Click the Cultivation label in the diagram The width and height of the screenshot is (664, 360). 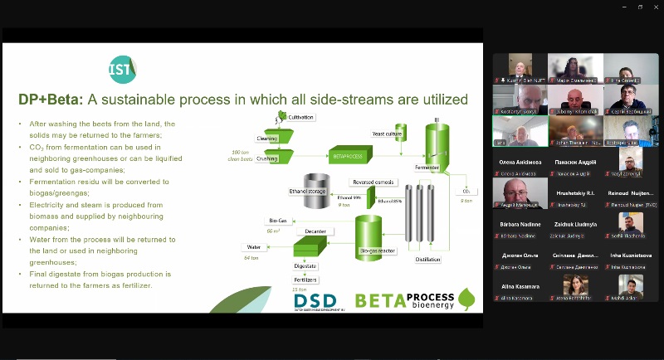[x=300, y=118]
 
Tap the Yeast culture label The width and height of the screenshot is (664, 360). [x=387, y=133]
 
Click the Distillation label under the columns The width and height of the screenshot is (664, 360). [x=428, y=260]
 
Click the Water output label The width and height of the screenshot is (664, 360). [x=253, y=247]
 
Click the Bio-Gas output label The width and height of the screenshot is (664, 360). [x=277, y=221]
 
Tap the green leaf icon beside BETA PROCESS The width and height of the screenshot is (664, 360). [x=466, y=299]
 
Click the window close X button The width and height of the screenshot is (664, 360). [x=652, y=7]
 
